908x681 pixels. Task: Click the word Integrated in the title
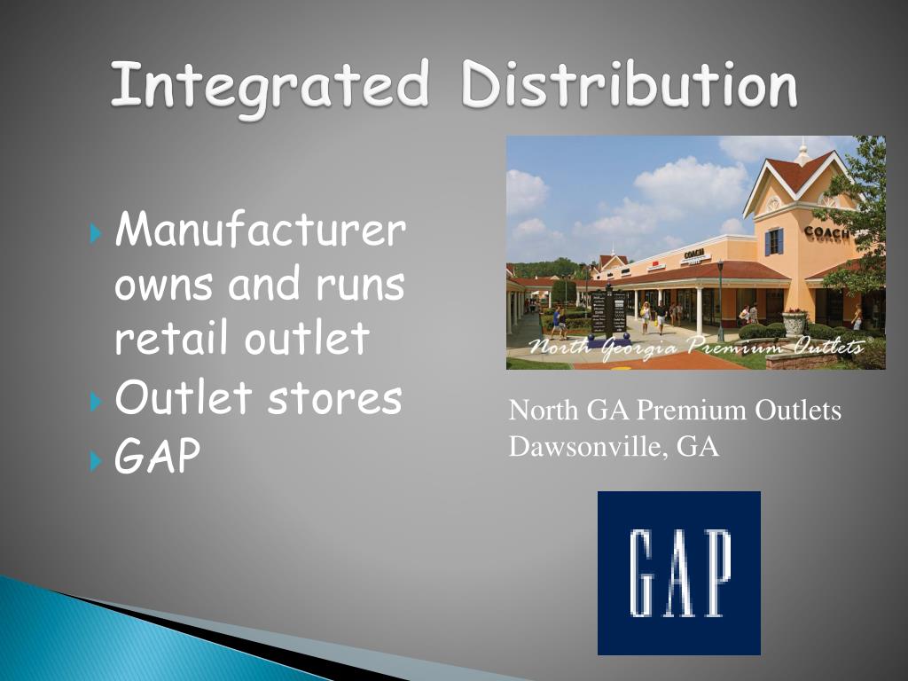pos(270,87)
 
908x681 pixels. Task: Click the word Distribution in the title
pos(629,87)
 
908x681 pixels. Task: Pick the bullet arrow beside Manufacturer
pos(98,235)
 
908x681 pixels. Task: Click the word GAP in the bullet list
pos(158,457)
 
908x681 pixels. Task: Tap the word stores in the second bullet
pos(335,399)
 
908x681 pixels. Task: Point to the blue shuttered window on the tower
pos(774,241)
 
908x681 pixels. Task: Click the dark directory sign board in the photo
pos(609,312)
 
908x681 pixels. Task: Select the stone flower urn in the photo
pos(794,322)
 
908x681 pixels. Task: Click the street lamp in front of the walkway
pos(720,297)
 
